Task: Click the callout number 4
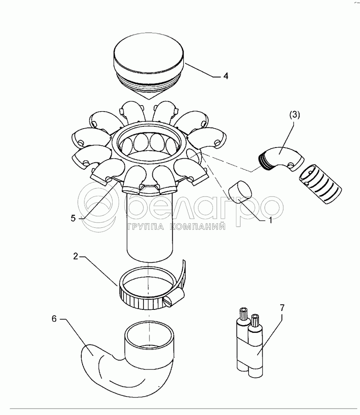point(225,76)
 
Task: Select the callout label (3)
point(295,115)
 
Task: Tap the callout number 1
point(270,220)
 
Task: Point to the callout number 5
point(73,218)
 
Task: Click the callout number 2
point(76,256)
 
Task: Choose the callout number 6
point(54,319)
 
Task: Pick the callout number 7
point(282,308)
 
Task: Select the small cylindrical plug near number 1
point(240,192)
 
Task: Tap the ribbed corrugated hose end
point(320,184)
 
